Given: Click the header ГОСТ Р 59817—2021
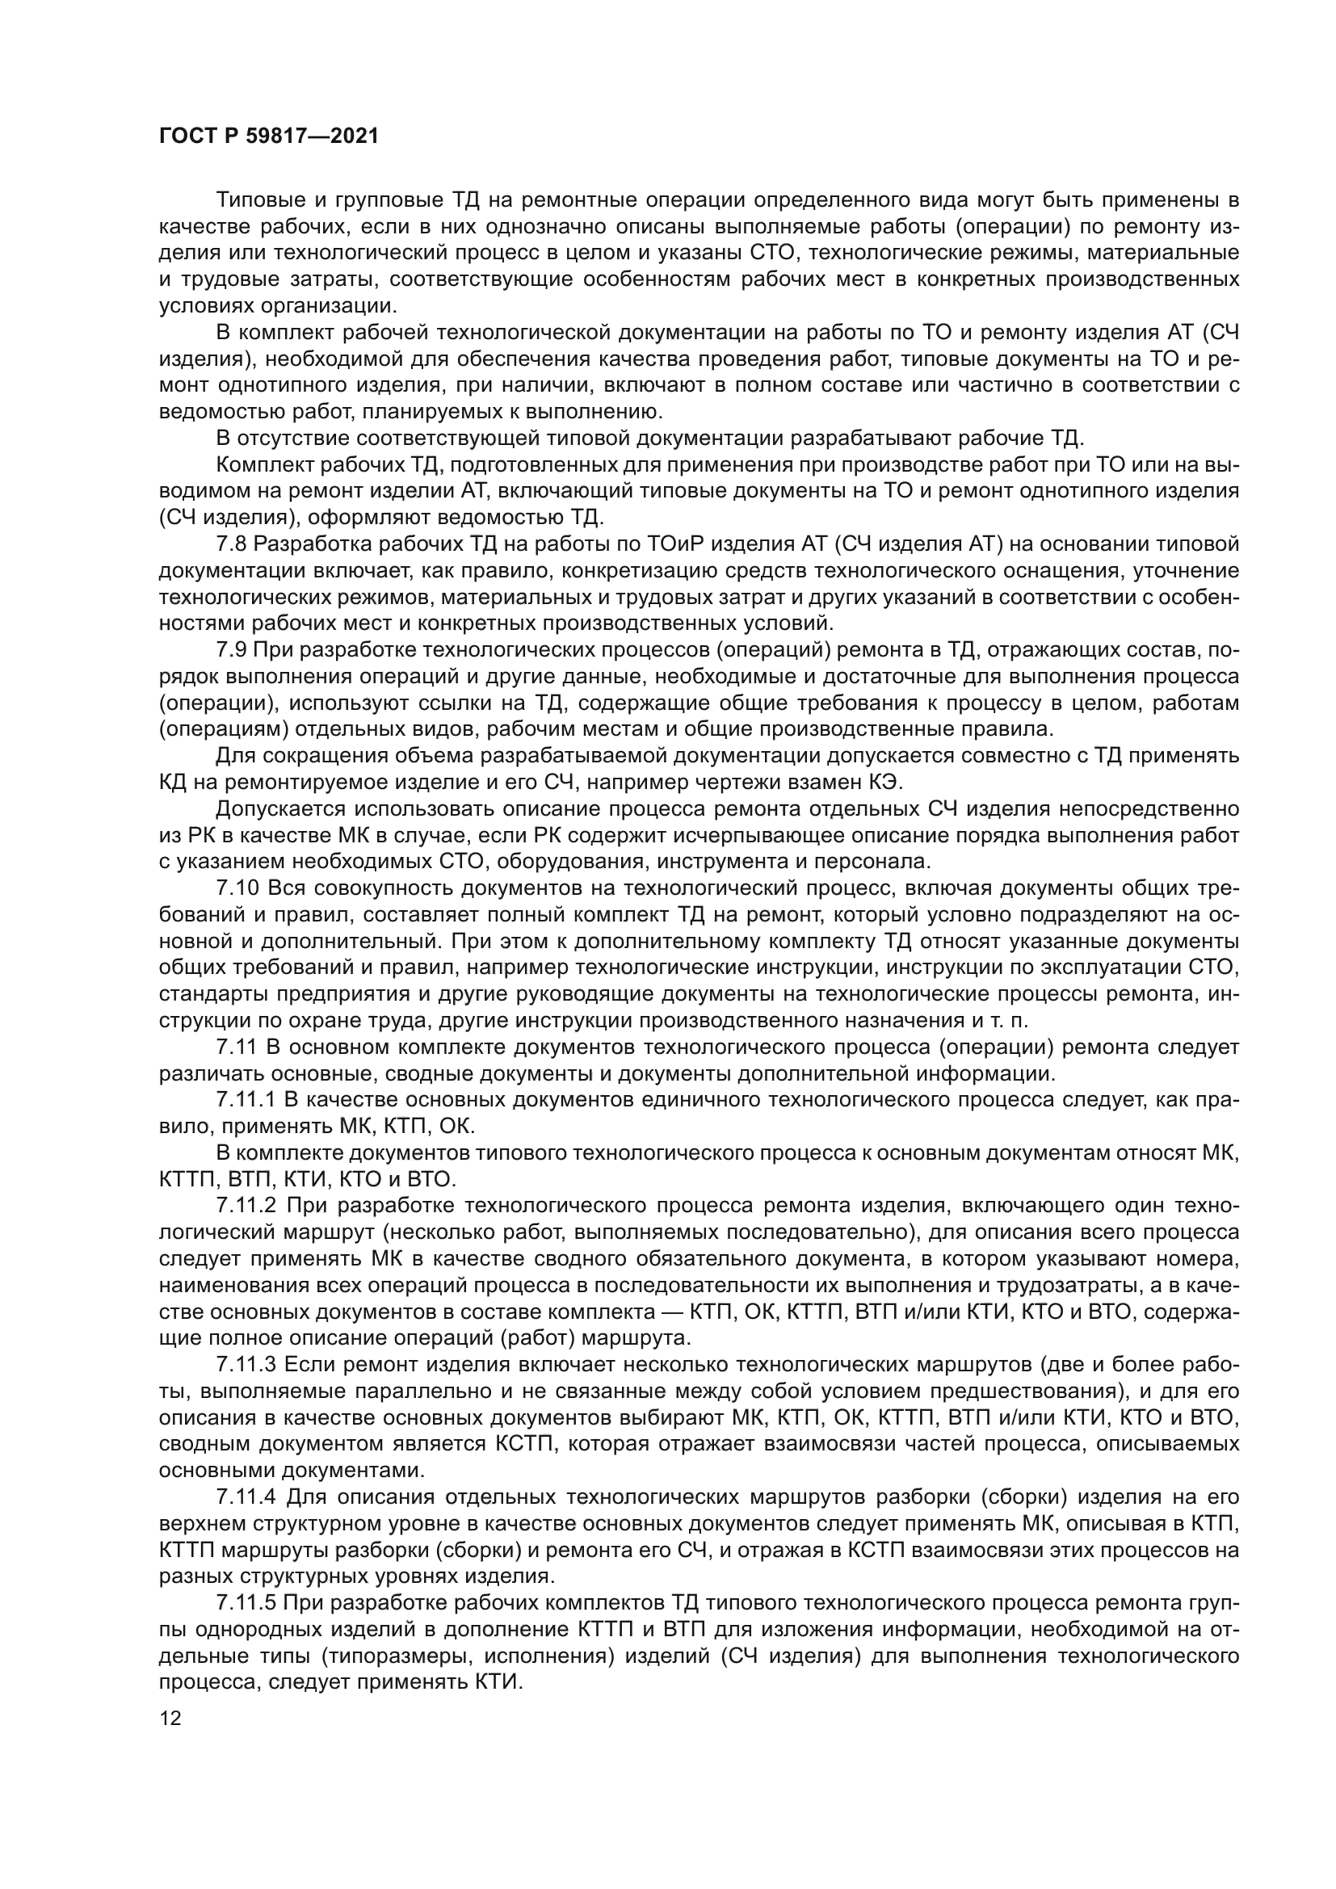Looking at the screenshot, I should click(x=269, y=136).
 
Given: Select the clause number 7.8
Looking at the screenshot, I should click(x=232, y=544).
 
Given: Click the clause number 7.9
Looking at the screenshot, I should click(x=232, y=651).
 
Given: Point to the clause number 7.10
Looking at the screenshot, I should click(x=237, y=888).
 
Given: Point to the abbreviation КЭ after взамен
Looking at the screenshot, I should click(x=875, y=783).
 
